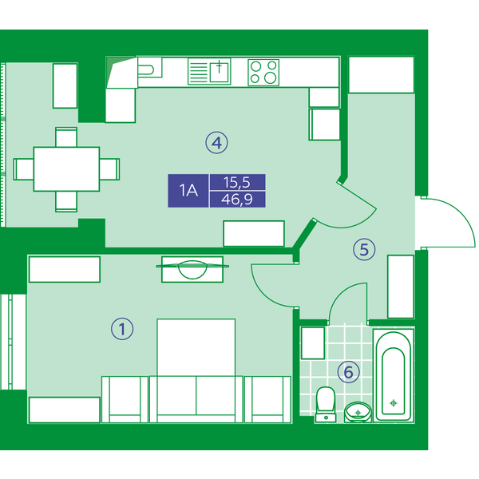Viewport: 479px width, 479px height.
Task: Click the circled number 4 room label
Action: pos(216,143)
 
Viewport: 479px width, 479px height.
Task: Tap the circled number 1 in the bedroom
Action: pos(122,329)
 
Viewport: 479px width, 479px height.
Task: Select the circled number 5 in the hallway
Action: pos(364,249)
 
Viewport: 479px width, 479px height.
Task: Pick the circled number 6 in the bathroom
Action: pos(349,372)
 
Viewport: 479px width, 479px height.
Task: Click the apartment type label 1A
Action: pos(188,191)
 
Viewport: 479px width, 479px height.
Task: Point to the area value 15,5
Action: pos(237,182)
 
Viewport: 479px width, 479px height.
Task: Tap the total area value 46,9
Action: pos(237,199)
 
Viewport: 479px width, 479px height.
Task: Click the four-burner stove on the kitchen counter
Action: pos(263,73)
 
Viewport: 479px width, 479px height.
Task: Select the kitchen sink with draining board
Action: pos(209,72)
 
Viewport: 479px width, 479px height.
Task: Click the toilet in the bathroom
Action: pos(326,405)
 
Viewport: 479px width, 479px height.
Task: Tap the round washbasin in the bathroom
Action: pos(358,412)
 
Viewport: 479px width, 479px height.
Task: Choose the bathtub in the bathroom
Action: pos(394,375)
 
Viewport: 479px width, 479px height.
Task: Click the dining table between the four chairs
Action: pos(66,169)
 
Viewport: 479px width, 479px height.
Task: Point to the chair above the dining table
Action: pos(66,137)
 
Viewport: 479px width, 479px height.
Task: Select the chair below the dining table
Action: pos(66,201)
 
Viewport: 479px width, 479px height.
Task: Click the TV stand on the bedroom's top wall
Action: pos(192,269)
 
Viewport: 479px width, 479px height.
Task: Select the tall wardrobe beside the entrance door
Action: pos(401,287)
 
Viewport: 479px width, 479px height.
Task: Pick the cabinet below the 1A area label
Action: pos(254,233)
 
